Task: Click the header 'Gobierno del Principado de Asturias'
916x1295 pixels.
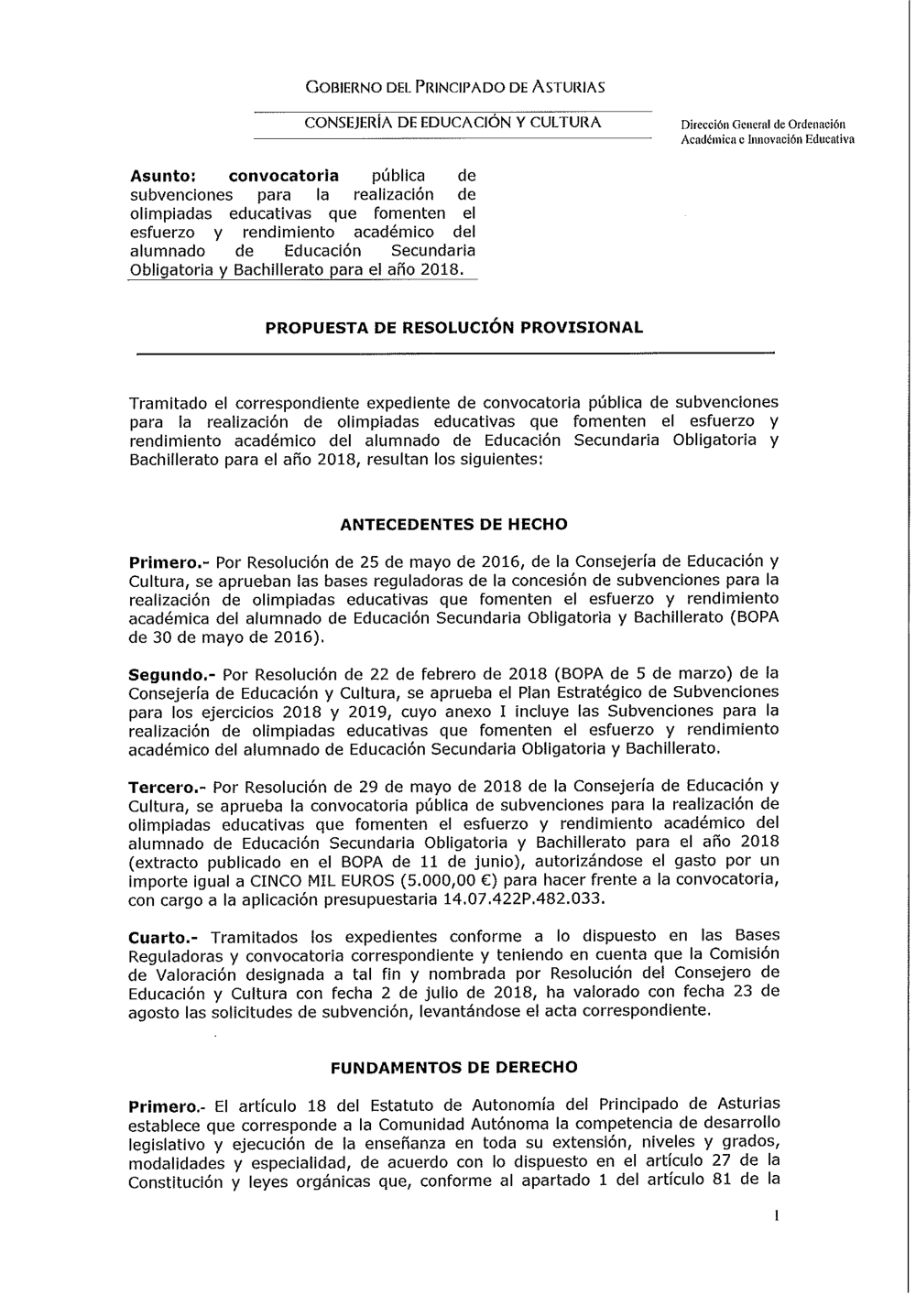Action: click(x=454, y=88)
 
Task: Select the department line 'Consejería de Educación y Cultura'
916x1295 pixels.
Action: click(x=453, y=122)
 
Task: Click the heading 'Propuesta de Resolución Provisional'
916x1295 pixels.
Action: click(x=453, y=327)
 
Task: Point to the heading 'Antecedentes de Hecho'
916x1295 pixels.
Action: click(x=453, y=525)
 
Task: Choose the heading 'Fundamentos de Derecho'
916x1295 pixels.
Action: click(x=453, y=1067)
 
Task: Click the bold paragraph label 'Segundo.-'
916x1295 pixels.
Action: click(x=170, y=673)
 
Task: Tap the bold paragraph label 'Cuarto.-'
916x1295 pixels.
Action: click(x=164, y=937)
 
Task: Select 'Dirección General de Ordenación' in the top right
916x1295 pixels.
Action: click(x=763, y=124)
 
